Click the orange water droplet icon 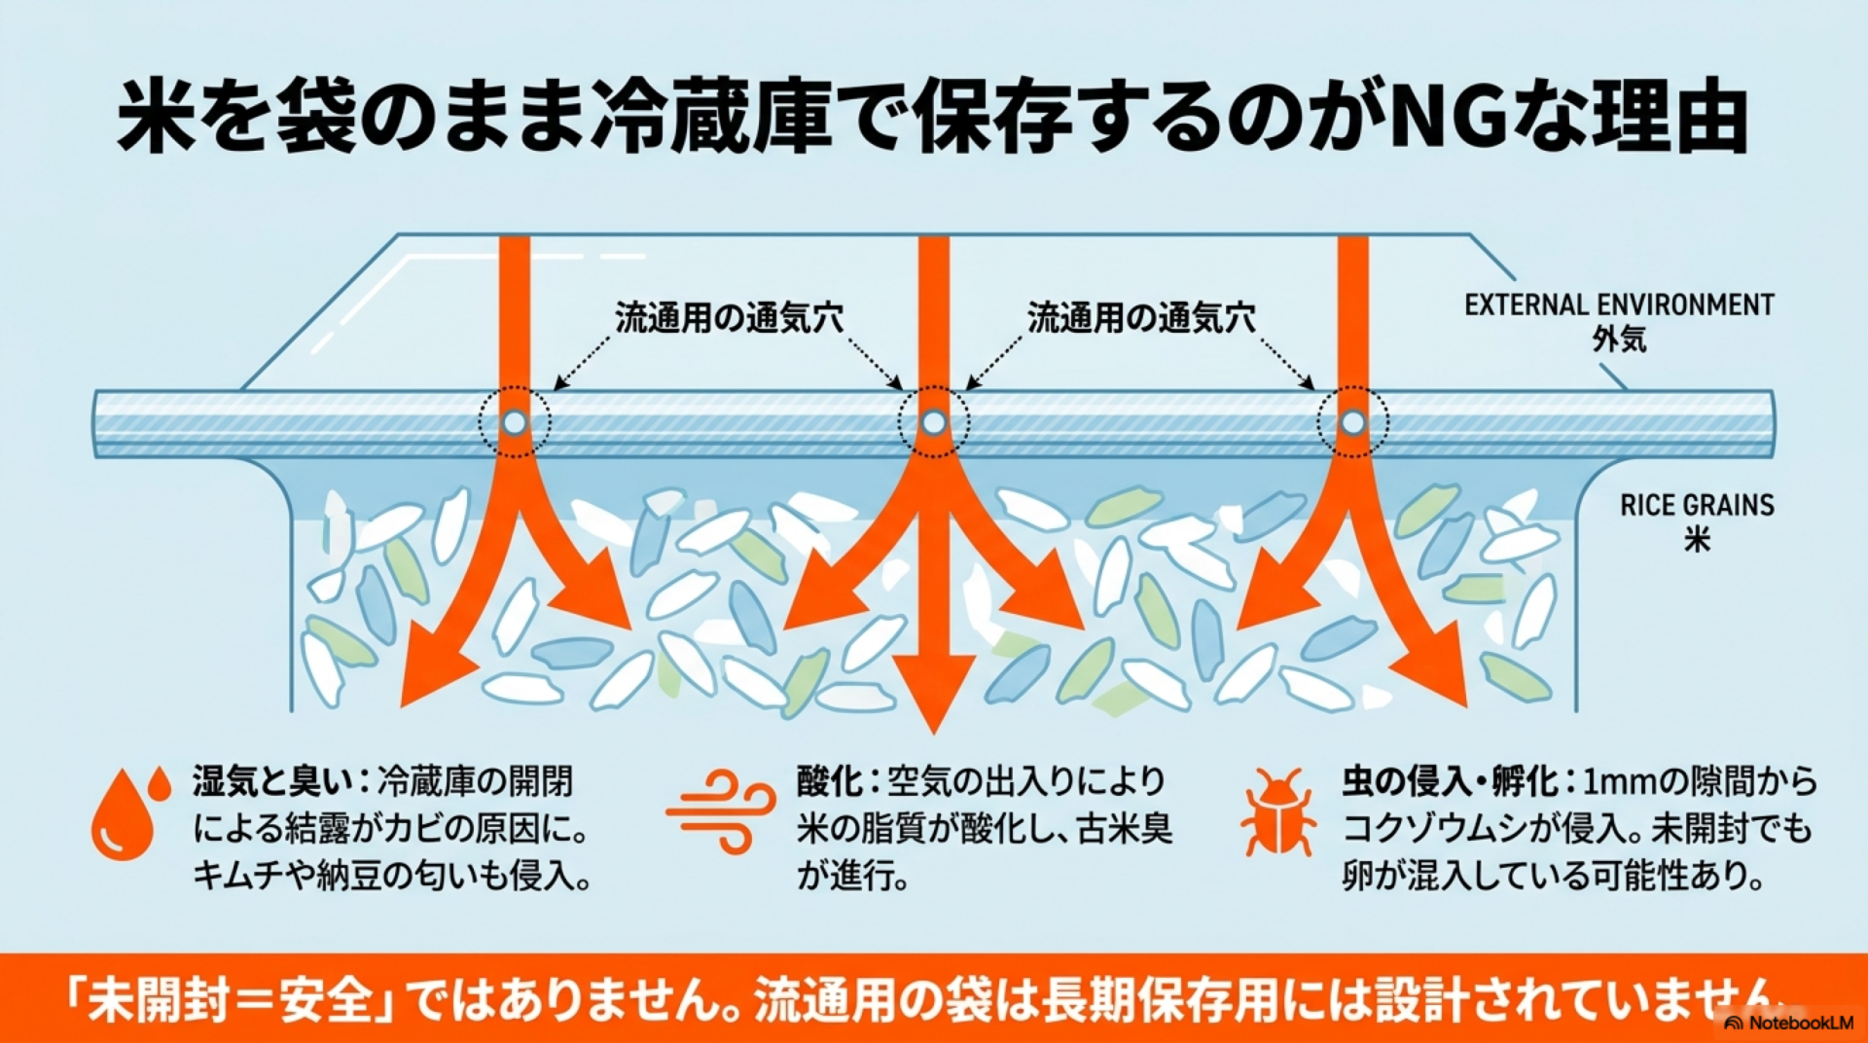pyautogui.click(x=126, y=814)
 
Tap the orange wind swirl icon pyautogui.click(x=720, y=811)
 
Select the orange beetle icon pyautogui.click(x=1278, y=812)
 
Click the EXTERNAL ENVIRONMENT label pyautogui.click(x=1619, y=305)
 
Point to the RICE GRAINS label pyautogui.click(x=1697, y=505)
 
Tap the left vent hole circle pyautogui.click(x=515, y=422)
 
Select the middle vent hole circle pyautogui.click(x=934, y=422)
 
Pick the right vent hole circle pyautogui.click(x=1352, y=422)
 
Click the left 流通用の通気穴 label pyautogui.click(x=729, y=318)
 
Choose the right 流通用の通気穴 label pyautogui.click(x=1141, y=318)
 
